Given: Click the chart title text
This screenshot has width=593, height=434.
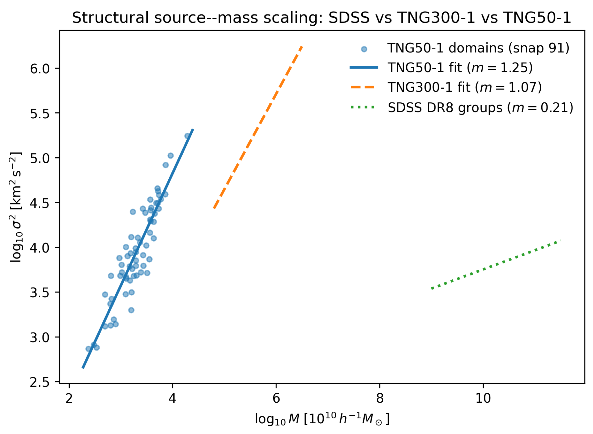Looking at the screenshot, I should (322, 18).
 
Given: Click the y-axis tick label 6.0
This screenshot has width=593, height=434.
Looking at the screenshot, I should (40, 69).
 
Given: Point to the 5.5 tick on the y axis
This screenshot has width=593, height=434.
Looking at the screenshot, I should (40, 114).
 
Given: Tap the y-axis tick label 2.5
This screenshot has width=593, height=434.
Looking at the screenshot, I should (40, 383).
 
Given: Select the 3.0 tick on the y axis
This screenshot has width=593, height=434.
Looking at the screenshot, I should (40, 338).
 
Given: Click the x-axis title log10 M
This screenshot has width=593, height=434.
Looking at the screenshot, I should (322, 419).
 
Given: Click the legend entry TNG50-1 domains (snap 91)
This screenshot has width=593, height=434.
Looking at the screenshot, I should (478, 48).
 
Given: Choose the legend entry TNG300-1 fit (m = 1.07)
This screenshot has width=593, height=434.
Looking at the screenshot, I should (464, 87).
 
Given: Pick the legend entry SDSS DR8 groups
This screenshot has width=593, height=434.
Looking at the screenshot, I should (480, 108).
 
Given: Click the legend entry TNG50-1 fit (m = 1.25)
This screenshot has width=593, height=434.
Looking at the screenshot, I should (460, 68).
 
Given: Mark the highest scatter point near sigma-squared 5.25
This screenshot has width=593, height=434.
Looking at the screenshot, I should (187, 136).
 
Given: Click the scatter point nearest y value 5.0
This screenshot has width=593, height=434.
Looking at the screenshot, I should (170, 156).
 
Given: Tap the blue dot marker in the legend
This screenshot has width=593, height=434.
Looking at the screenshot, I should (364, 49).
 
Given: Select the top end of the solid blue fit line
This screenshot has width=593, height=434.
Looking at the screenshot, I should (193, 129).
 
